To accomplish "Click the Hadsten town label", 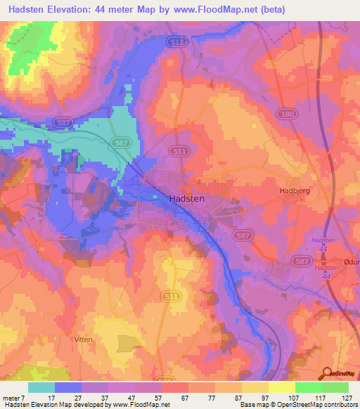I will (x=187, y=199).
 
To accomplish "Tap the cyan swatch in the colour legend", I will (x=41, y=387).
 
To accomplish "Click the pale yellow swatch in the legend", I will (x=281, y=387).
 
